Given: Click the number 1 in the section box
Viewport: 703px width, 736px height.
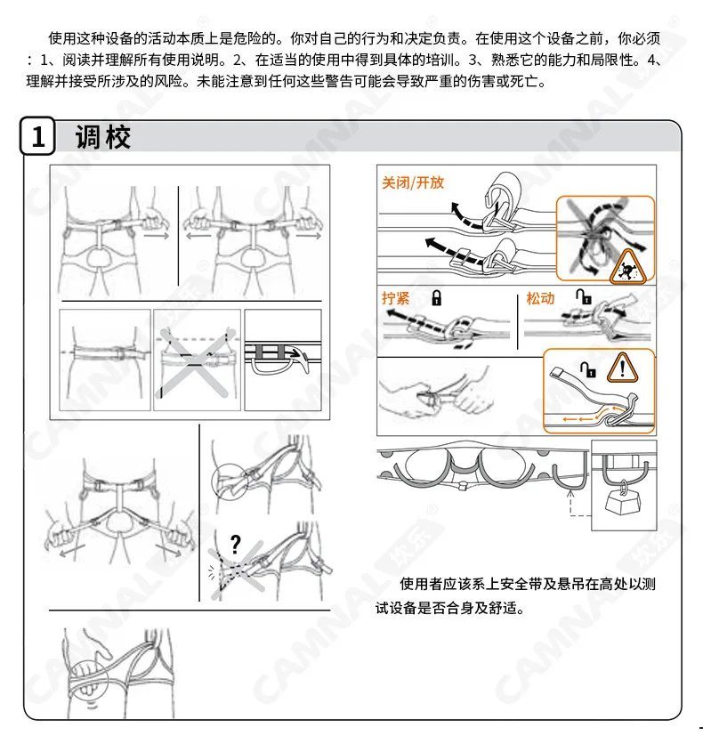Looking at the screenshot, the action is pos(38,136).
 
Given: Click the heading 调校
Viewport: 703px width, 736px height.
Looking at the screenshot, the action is pos(102,137).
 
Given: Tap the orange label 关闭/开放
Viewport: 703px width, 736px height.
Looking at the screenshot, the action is pos(413,182).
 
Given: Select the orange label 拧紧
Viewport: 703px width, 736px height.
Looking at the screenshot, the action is pos(396,298).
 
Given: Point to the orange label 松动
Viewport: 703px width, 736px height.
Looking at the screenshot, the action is pos(540,298).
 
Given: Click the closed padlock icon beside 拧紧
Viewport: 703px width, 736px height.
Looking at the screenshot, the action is pos(436,298).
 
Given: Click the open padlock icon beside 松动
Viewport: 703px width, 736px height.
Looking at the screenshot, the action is pos(584,296).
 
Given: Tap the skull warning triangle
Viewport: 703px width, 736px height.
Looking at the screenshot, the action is pos(627,268).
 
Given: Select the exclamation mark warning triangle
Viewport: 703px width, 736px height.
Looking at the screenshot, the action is pos(622,367).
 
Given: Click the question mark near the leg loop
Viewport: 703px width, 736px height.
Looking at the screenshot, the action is pos(236,545).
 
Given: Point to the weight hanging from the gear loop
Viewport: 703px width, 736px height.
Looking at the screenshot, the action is pos(622,502).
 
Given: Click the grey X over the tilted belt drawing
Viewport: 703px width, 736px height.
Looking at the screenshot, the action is pos(194,362).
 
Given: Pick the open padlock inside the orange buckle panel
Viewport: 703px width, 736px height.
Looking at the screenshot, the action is pos(588,369).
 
